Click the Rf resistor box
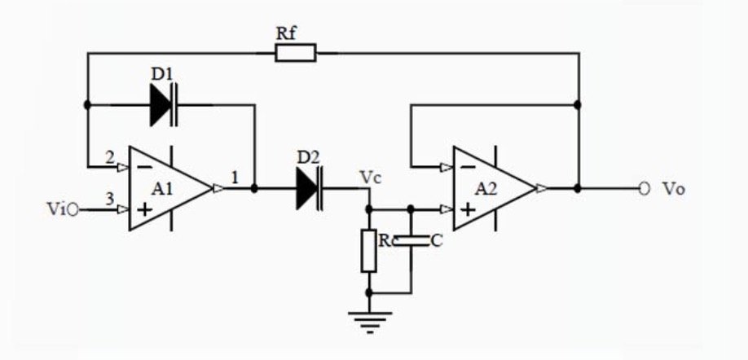295,52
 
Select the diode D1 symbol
164,105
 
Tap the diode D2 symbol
310,188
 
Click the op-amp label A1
163,189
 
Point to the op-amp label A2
486,189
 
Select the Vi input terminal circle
73,209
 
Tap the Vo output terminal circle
645,189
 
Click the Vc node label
371,178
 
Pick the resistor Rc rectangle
369,251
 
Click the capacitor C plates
411,241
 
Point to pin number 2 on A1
110,157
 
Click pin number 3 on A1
110,199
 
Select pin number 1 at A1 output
234,178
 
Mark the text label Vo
674,189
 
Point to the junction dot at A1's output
254,189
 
